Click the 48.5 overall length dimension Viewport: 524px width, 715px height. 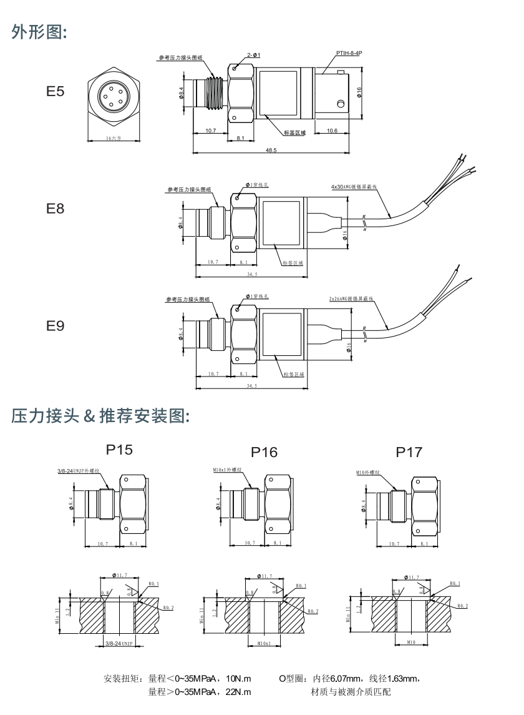coord(271,150)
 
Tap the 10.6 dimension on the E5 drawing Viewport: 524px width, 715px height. coord(332,131)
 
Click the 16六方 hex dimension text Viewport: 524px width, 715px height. coord(113,138)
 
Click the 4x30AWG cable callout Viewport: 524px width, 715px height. coord(354,186)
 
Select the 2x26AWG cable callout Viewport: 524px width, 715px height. coord(352,299)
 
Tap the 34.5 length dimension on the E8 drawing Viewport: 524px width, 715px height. coord(251,274)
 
